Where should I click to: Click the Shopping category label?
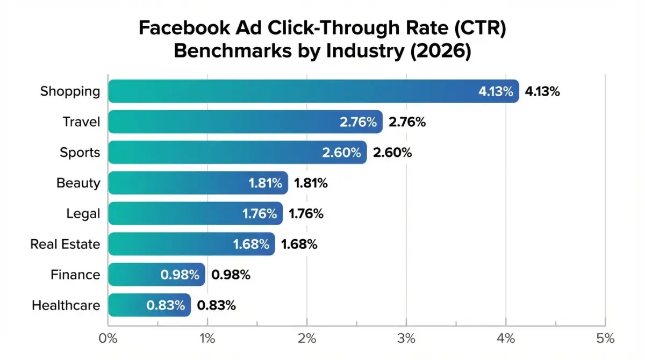point(70,91)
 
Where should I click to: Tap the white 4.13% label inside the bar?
point(496,91)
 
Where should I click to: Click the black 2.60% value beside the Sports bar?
point(392,153)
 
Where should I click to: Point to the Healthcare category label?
point(66,306)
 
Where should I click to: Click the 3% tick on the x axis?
point(406,339)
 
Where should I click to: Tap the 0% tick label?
point(108,339)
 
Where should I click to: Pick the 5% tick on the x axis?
point(605,339)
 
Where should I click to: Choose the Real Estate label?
point(65,244)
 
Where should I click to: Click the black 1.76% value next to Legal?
point(306,214)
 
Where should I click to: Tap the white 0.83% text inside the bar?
point(166,306)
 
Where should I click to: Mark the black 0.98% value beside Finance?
point(231,275)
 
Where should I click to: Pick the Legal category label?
point(83,214)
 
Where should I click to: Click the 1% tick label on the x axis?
point(207,339)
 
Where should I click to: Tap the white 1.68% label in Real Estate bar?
point(251,244)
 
